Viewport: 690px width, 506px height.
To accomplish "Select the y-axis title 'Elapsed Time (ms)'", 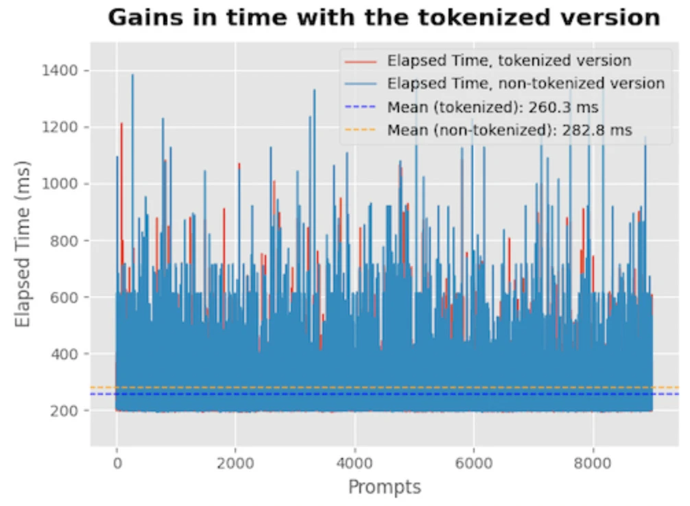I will point(24,240).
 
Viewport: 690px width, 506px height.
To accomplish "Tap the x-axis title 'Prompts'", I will point(384,487).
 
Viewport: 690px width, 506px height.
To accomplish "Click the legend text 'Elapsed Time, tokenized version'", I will point(509,60).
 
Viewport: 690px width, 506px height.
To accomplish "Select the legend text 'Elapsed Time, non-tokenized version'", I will point(525,84).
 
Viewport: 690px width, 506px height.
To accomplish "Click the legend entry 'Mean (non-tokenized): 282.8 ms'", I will point(510,130).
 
